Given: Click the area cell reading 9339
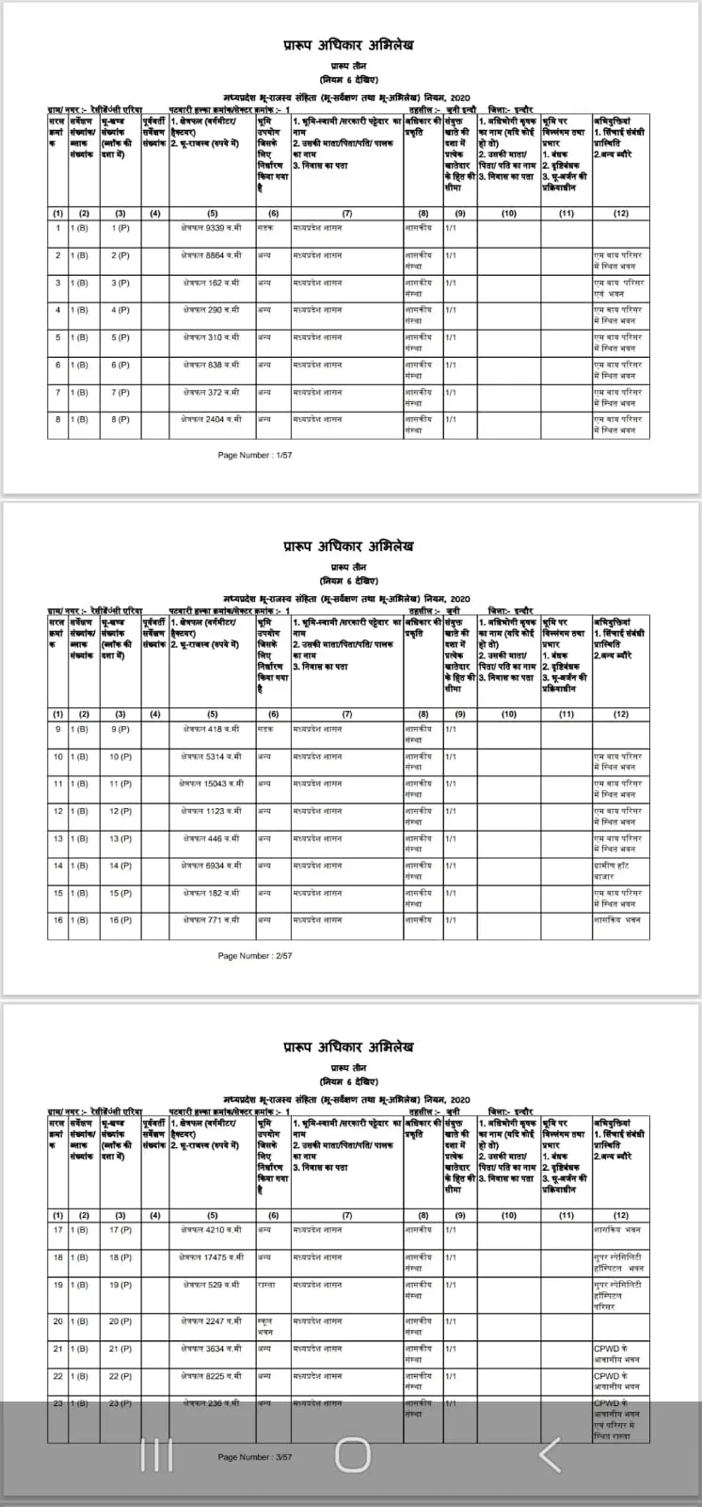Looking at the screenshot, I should (x=212, y=228).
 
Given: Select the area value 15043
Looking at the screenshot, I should (x=212, y=784).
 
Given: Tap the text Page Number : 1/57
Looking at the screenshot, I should (x=255, y=455).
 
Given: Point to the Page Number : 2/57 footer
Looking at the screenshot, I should (x=255, y=956).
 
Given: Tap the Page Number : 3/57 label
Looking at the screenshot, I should (x=255, y=1457).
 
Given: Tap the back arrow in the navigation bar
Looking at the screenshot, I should (x=550, y=1455).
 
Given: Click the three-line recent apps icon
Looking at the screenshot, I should (x=156, y=1455).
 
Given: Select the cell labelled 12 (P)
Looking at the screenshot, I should (x=120, y=811).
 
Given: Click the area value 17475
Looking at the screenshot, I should (x=212, y=1257).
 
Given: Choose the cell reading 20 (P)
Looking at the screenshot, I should (x=120, y=1321).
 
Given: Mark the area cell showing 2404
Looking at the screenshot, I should (x=212, y=419).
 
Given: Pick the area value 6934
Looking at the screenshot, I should (x=212, y=866).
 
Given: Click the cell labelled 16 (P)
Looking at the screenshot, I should (x=120, y=920).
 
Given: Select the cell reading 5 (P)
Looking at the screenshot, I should (x=120, y=337).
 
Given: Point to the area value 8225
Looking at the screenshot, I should (x=212, y=1376).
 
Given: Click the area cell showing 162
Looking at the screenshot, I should (x=212, y=283).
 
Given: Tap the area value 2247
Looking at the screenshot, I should (x=212, y=1321).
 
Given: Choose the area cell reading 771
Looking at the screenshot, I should (x=212, y=920).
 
